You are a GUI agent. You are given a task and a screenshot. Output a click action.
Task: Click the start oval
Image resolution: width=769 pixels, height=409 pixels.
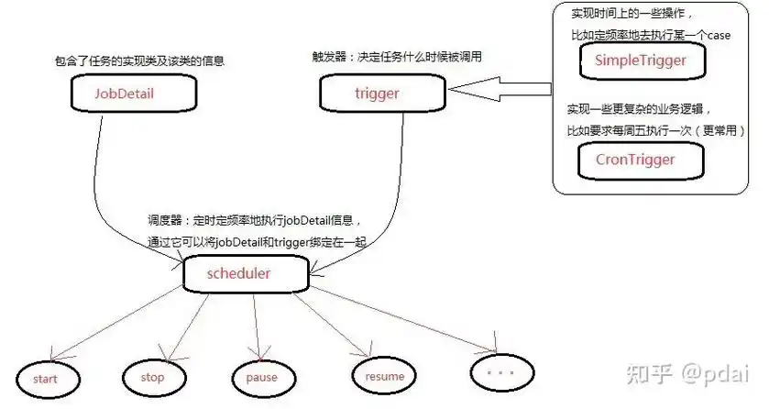pos(45,378)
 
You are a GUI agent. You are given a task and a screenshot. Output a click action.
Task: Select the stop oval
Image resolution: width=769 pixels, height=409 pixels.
pos(153,377)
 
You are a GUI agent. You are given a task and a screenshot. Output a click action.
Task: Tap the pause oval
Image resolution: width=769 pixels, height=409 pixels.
pos(261,378)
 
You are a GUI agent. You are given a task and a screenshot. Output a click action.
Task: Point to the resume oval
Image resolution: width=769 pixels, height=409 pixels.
pos(384,376)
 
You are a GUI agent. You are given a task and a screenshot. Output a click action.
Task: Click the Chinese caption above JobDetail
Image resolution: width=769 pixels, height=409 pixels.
pos(139,61)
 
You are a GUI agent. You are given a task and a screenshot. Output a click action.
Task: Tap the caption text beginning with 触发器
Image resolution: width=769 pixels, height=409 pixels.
pos(397,57)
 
